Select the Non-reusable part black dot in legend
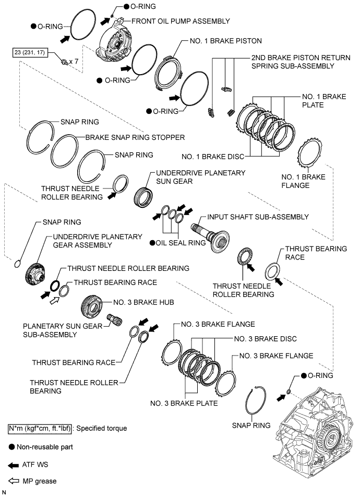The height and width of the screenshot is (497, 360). tap(11, 447)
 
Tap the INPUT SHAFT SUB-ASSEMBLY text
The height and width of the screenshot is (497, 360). tap(258, 217)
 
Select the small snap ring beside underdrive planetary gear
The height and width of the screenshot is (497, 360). tap(18, 263)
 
